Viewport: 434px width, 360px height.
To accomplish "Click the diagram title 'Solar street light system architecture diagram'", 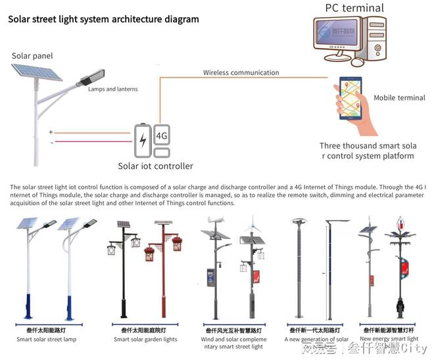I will (103, 19).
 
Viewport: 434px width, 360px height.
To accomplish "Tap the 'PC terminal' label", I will (354, 8).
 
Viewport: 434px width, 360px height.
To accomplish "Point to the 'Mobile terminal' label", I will (399, 98).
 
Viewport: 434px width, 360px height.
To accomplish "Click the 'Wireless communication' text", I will (241, 72).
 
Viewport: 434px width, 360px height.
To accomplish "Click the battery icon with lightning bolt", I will (143, 140).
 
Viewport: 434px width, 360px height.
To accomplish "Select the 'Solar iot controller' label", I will (155, 166).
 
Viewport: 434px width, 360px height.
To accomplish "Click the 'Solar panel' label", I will (32, 56).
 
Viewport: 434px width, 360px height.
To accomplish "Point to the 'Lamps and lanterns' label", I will (112, 89).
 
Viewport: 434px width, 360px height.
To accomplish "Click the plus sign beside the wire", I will (51, 132).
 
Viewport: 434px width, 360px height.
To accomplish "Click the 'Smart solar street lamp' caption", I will (47, 339).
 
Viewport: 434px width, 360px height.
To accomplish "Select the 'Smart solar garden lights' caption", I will (145, 339).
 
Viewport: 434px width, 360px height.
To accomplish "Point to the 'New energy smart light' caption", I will (389, 339).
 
